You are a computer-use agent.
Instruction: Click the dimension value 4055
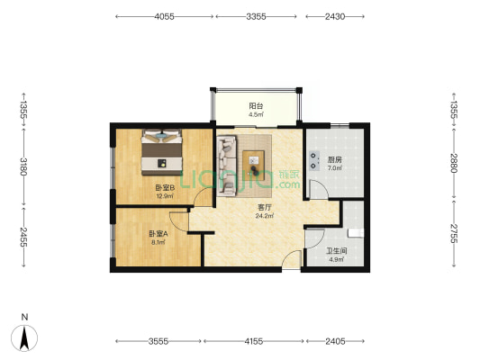tap(164, 16)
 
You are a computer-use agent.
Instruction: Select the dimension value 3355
tap(256, 16)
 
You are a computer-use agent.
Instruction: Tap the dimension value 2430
tap(335, 16)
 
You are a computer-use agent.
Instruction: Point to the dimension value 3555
tap(158, 341)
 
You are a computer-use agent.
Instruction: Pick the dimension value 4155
tap(254, 341)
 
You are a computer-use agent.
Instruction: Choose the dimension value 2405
tap(335, 341)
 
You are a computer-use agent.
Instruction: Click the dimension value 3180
tap(23, 166)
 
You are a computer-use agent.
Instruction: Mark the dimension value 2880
tap(454, 163)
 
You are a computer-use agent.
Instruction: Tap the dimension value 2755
tap(454, 234)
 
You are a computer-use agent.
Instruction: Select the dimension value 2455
tap(23, 237)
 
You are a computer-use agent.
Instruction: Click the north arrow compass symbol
tap(24, 338)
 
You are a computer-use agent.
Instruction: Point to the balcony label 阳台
tap(256, 106)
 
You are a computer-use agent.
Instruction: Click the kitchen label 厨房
tap(335, 159)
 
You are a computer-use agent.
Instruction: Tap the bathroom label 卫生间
tap(337, 251)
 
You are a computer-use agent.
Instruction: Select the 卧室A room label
tap(158, 234)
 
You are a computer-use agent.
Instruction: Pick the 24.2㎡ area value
tap(265, 216)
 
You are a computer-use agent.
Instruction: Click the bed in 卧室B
tap(161, 152)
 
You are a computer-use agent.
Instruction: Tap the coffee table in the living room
tap(253, 166)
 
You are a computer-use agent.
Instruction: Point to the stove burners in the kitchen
tap(313, 160)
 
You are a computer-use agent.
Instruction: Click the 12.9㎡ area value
tap(166, 196)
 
